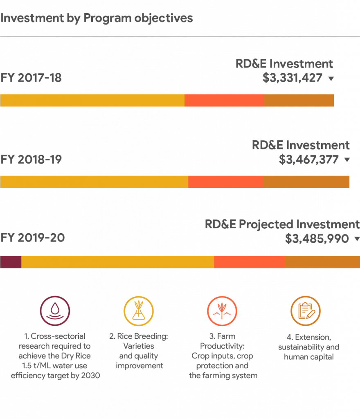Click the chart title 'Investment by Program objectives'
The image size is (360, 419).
[x=97, y=18]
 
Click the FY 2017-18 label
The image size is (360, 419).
[x=31, y=78]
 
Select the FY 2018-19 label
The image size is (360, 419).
[x=31, y=159]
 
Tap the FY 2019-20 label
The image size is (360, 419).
[x=33, y=238]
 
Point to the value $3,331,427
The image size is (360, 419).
[x=292, y=78]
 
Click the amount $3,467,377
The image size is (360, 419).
[x=309, y=159]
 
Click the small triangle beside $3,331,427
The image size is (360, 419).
[x=331, y=79]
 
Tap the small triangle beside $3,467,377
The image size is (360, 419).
[x=347, y=160]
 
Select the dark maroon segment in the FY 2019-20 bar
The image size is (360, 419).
[x=10, y=262]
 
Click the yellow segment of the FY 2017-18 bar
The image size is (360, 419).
[x=92, y=100]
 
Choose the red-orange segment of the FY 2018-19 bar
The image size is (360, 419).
[x=225, y=182]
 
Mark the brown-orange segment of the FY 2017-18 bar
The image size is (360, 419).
[x=299, y=100]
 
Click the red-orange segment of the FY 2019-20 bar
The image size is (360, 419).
[x=249, y=262]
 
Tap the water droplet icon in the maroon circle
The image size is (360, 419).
[x=55, y=311]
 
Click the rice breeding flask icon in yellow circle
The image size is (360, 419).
[x=139, y=311]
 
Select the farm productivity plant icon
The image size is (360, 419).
[x=222, y=311]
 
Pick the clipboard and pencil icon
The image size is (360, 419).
[x=306, y=311]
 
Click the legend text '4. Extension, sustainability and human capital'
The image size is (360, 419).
[x=308, y=347]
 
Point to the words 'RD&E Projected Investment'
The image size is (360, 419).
[x=282, y=224]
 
